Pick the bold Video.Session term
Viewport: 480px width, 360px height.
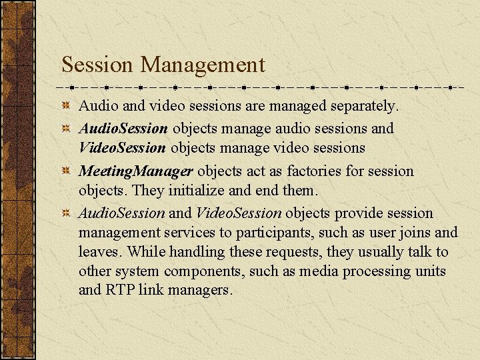coord(121,147)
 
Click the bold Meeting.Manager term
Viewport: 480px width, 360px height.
coord(135,172)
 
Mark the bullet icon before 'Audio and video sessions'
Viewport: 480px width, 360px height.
coord(67,107)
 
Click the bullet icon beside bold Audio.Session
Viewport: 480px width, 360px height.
coord(67,128)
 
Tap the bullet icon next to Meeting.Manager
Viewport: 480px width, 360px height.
coord(67,171)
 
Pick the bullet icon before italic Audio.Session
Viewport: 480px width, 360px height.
coord(67,213)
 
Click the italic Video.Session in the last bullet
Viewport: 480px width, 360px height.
coord(239,213)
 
